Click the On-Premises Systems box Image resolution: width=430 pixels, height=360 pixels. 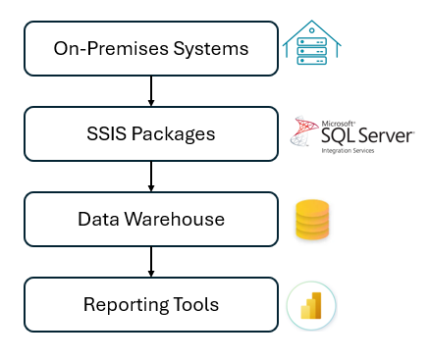[150, 48]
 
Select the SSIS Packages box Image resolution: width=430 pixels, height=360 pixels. [150, 133]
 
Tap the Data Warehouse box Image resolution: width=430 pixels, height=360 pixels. [150, 219]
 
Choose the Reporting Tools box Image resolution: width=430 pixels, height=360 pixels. [150, 304]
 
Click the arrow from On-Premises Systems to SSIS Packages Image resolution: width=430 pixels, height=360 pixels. [150, 90]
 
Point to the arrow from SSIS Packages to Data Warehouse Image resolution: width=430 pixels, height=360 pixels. [150, 176]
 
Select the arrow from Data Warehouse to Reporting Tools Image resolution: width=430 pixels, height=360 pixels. [150, 261]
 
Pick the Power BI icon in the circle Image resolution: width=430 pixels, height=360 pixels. [312, 305]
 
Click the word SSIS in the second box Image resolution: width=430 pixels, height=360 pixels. [108, 133]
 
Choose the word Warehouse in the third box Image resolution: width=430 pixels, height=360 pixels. [181, 219]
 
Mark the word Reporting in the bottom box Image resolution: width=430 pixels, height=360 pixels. [124, 305]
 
